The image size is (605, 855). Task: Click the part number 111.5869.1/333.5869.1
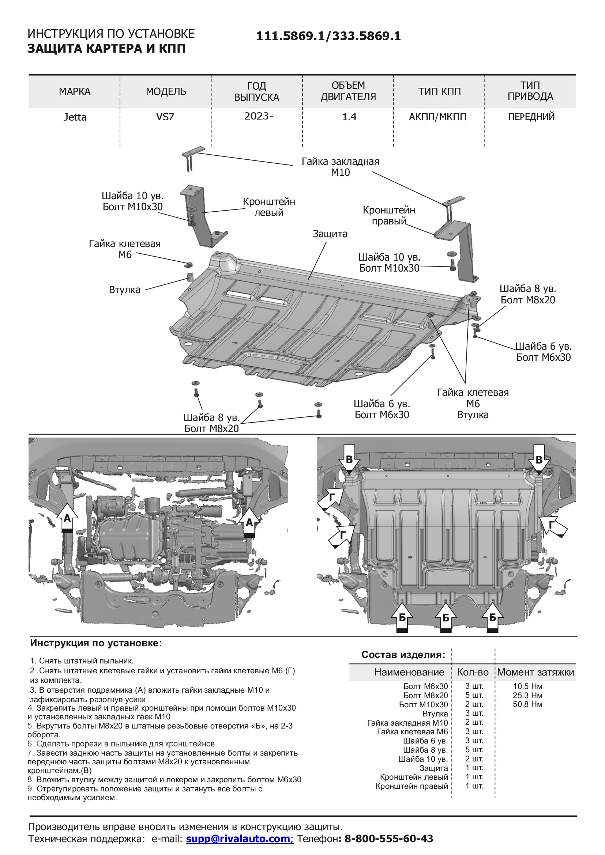coord(328,36)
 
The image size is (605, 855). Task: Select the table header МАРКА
coord(75,92)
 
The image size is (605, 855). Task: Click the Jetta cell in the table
coord(75,117)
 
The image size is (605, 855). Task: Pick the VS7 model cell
coord(165,117)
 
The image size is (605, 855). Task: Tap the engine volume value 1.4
coord(349,117)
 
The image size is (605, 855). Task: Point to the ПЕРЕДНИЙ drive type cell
coord(531,117)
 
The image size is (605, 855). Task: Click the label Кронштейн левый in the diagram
coord(268,207)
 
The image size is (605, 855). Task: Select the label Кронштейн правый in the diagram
coord(389,216)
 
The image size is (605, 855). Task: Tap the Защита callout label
coord(330,234)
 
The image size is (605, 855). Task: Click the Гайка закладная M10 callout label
coord(340,167)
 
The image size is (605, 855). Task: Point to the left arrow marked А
coord(67,519)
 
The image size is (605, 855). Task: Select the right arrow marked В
coord(539,460)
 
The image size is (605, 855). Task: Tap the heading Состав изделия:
coord(403,655)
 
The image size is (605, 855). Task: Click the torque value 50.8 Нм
coord(527,704)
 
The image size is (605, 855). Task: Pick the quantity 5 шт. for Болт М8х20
coord(474,695)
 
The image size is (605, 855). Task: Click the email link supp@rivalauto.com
coord(240,839)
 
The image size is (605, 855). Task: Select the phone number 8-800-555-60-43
coord(388,839)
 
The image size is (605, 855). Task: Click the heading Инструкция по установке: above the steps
coord(96,643)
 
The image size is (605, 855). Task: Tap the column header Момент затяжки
coord(536,672)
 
